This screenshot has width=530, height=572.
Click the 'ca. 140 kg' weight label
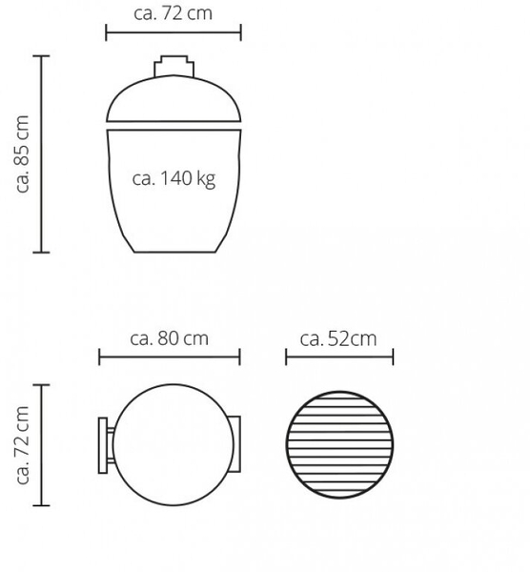click(x=173, y=179)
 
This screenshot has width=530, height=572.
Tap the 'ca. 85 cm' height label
click(x=22, y=153)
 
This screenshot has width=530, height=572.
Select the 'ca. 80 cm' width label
click(x=170, y=338)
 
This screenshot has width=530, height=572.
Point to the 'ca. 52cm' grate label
click(x=338, y=338)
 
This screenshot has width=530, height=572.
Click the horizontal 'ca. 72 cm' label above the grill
click(x=173, y=13)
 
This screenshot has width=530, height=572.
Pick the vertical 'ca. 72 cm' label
click(x=22, y=445)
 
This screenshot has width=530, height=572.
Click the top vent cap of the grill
click(x=174, y=66)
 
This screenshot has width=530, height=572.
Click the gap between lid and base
click(x=173, y=126)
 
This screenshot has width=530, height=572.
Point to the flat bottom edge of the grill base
click(x=174, y=252)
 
